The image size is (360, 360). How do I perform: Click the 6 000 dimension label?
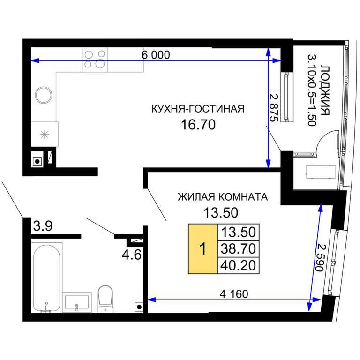pyautogui.click(x=156, y=55)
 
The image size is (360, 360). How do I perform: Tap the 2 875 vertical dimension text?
pyautogui.click(x=274, y=107)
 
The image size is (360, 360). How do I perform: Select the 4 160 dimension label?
pyautogui.click(x=234, y=294)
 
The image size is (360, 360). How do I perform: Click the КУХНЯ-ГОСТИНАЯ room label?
pyautogui.click(x=198, y=109)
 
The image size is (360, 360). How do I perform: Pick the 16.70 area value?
pyautogui.click(x=198, y=125)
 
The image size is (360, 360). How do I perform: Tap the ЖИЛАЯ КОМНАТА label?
pyautogui.click(x=223, y=197)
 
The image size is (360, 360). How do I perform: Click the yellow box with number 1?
pyautogui.click(x=202, y=249)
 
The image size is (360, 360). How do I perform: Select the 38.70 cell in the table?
pyautogui.click(x=238, y=248)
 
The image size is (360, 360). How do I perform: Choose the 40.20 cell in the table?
pyautogui.click(x=238, y=265)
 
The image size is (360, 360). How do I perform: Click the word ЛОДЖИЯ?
pyautogui.click(x=325, y=90)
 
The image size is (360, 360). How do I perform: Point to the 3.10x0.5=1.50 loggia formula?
pyautogui.click(x=312, y=90)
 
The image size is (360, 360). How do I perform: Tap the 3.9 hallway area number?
pyautogui.click(x=43, y=225)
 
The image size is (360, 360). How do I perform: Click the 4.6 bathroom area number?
pyautogui.click(x=132, y=255)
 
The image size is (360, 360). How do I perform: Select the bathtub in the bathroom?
pyautogui.click(x=47, y=278)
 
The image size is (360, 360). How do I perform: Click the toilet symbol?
pyautogui.click(x=105, y=299)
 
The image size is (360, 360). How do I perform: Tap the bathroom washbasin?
pyautogui.click(x=77, y=302)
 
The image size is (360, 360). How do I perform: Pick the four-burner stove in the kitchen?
pyautogui.click(x=95, y=60)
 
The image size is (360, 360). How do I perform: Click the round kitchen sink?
pyautogui.click(x=44, y=95)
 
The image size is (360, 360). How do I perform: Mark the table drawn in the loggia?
pyautogui.click(x=321, y=172)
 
